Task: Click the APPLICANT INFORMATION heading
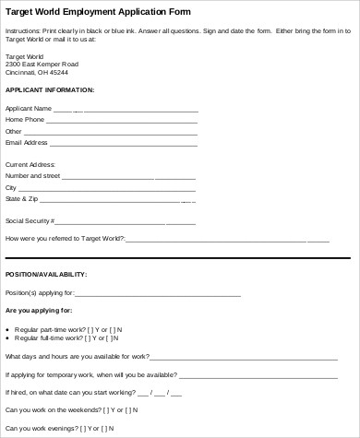[x=50, y=90]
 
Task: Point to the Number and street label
[x=32, y=175]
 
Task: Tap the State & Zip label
[x=22, y=198]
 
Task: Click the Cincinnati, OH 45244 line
[x=37, y=71]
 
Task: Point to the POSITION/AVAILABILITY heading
[x=46, y=274]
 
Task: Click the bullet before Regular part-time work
[x=8, y=328]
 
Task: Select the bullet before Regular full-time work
[x=8, y=338]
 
